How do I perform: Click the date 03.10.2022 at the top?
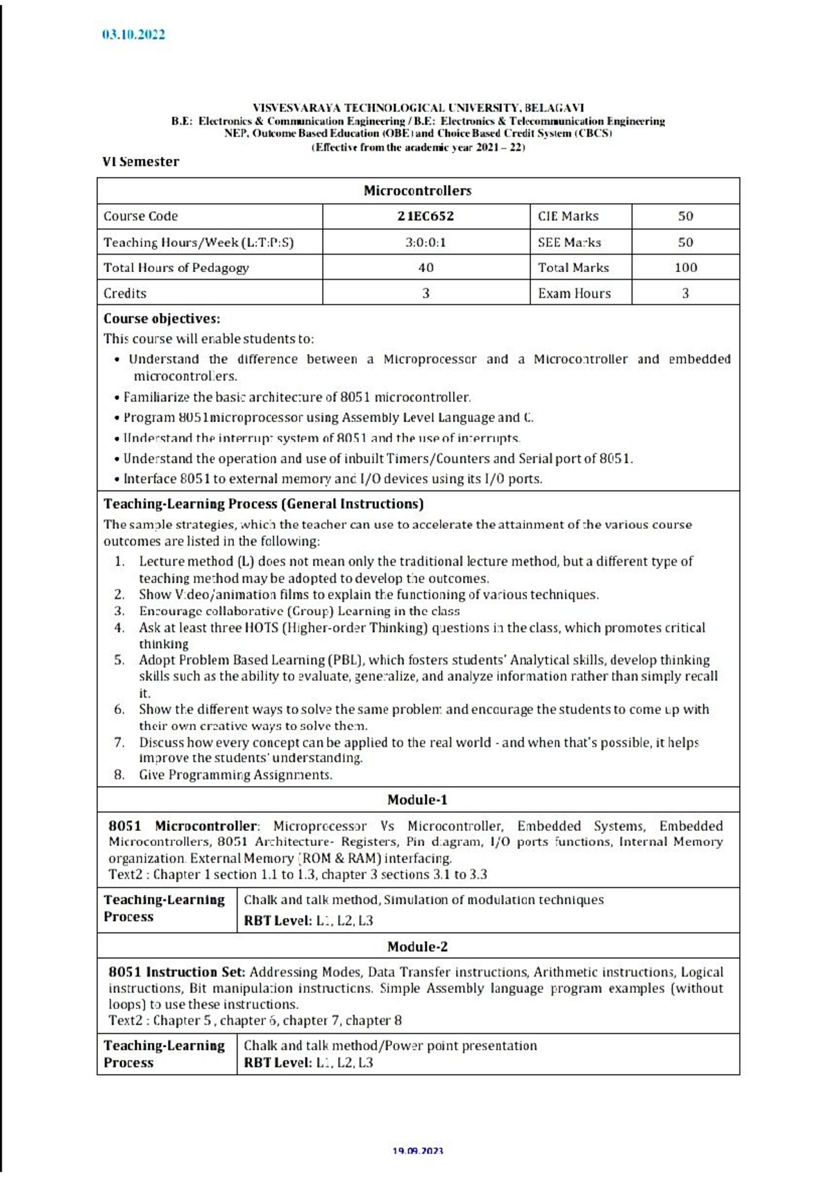point(133,35)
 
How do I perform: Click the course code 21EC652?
point(426,216)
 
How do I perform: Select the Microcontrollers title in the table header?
point(417,190)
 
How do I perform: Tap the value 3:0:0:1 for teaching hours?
point(426,242)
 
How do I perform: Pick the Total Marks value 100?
point(685,267)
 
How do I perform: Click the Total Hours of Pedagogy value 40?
point(426,267)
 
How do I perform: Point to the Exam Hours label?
point(574,293)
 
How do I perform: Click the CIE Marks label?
point(568,216)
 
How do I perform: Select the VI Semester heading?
point(141,162)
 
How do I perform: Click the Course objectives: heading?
point(162,319)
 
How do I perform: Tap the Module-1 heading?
point(417,799)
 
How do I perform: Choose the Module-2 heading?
point(417,947)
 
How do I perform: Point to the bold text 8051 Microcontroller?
point(183,826)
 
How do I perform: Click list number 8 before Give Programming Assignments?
point(119,774)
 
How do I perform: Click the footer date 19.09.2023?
point(417,1151)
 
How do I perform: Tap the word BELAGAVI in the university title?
point(554,108)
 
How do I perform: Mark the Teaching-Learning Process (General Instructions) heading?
point(264,504)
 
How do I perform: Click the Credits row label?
point(125,293)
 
